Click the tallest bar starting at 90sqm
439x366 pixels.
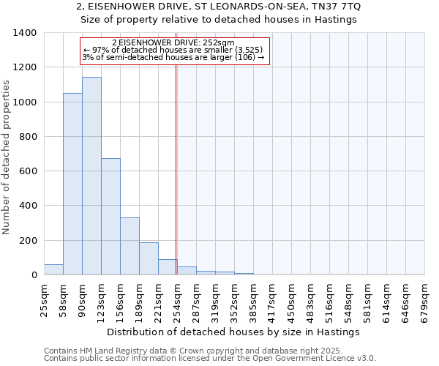(x=91, y=176)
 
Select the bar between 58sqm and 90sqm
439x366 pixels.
(x=72, y=184)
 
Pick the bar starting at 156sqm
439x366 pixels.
(x=130, y=246)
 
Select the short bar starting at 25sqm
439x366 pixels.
(x=53, y=269)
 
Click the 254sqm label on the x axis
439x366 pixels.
(x=177, y=299)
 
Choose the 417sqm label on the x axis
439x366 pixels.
(x=272, y=299)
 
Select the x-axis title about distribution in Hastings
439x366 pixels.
(x=233, y=332)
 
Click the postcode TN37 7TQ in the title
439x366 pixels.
(x=338, y=7)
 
